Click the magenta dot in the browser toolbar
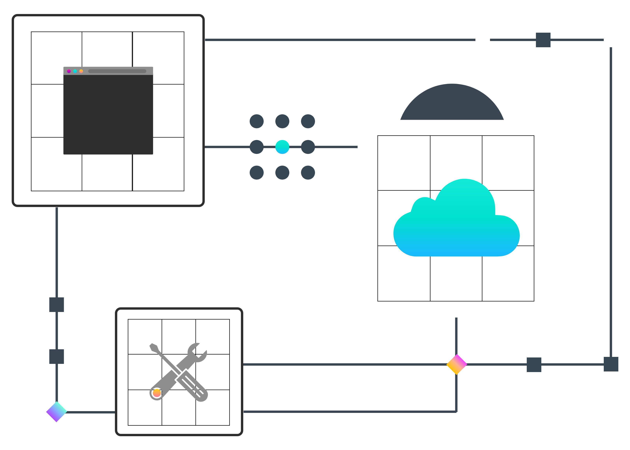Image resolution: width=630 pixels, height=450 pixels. tap(69, 71)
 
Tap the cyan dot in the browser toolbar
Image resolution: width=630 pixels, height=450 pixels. tap(75, 71)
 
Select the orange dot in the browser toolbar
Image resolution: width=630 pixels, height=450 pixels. tap(81, 71)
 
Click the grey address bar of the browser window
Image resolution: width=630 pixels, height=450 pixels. tap(117, 71)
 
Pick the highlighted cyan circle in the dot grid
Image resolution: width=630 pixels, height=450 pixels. tap(282, 147)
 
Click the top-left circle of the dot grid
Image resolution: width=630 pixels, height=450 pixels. tap(257, 121)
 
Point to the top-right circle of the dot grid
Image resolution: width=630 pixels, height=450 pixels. tap(308, 121)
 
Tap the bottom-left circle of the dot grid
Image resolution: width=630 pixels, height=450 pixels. tap(257, 173)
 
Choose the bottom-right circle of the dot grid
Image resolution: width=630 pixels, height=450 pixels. tap(308, 173)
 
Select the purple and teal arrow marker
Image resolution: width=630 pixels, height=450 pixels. tap(56, 414)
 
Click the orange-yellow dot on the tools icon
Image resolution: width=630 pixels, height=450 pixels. tap(157, 393)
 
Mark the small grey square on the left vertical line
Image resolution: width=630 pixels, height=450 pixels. tap(57, 305)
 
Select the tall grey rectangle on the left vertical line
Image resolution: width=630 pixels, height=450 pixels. tap(57, 368)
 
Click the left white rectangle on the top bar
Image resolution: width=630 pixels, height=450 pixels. tap(483, 51)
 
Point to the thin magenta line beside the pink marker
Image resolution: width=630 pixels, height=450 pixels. tap(496, 363)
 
